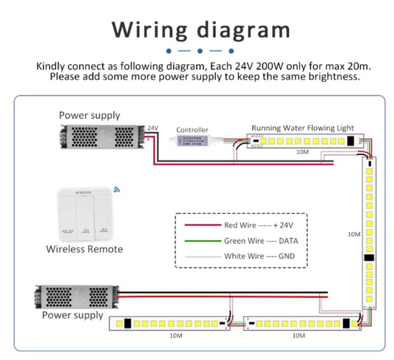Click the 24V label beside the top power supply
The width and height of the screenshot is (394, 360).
click(x=153, y=128)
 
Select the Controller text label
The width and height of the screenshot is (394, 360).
click(x=192, y=130)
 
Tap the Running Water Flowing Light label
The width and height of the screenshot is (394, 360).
click(x=302, y=128)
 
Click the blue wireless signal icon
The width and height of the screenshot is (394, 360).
click(x=117, y=189)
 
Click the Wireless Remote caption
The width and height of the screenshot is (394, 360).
click(x=84, y=249)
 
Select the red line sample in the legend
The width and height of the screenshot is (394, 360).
click(x=202, y=226)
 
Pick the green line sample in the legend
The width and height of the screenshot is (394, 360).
click(x=202, y=241)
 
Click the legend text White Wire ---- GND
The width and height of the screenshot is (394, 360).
click(x=259, y=256)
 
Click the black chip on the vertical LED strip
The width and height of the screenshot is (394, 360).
click(x=369, y=258)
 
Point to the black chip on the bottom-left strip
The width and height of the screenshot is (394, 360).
click(x=127, y=324)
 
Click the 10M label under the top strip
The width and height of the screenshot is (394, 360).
click(x=302, y=152)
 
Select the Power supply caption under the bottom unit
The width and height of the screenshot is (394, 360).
click(x=72, y=315)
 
